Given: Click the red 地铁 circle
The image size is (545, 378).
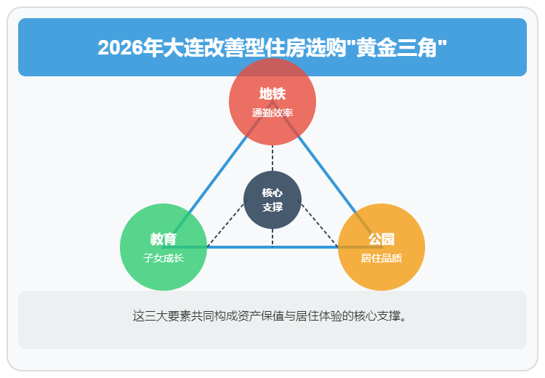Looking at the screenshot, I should [x=272, y=78].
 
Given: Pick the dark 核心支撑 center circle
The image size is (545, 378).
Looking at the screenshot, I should [x=272, y=200].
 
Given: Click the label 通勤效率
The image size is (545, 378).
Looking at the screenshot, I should [x=272, y=113].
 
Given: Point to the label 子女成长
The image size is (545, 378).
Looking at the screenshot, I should [x=163, y=258].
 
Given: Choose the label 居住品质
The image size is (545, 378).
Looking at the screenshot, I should [x=381, y=258].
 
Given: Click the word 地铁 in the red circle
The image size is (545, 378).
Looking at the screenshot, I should [x=272, y=94].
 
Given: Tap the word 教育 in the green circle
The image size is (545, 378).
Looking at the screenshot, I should [x=163, y=240].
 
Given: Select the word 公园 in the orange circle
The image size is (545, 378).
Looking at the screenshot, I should [x=381, y=240].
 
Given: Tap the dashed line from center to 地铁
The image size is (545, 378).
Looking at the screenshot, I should [x=272, y=157].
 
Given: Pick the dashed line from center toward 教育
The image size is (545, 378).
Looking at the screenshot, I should [x=225, y=222].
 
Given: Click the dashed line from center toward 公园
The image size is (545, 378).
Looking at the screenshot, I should [x=320, y=222].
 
